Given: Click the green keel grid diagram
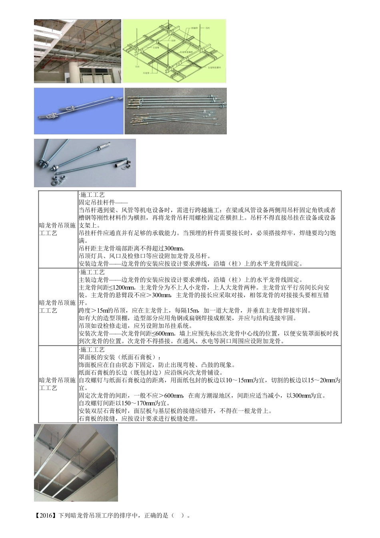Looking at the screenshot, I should [174, 51].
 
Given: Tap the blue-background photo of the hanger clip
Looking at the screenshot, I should [79, 111].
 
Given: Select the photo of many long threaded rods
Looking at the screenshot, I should [176, 111].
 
